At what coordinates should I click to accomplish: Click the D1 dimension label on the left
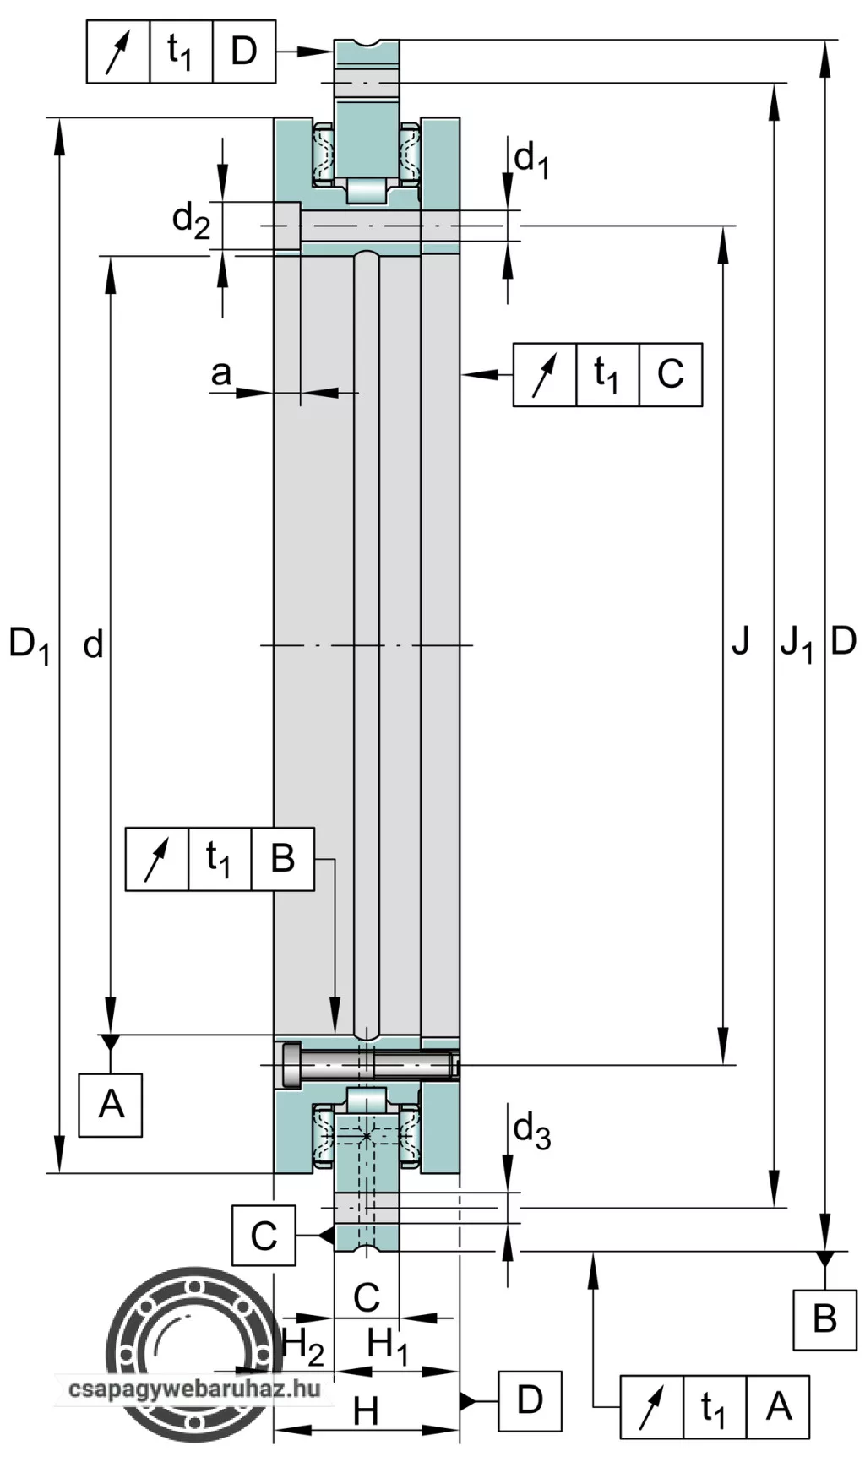[29, 645]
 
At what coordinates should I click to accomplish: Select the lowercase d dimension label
[92, 645]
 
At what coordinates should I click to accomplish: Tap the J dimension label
[740, 643]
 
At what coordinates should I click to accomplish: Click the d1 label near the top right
[531, 159]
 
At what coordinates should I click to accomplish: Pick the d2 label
[190, 221]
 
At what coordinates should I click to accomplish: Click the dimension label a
[220, 372]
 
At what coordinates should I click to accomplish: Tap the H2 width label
[302, 1345]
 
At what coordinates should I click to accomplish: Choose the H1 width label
[388, 1345]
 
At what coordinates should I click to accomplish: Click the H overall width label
[365, 1410]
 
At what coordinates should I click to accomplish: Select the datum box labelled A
[111, 1105]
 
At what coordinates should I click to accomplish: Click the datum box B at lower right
[824, 1319]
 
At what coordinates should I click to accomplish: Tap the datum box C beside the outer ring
[264, 1236]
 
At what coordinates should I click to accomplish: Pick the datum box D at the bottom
[530, 1400]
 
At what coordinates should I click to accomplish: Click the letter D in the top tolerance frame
[243, 52]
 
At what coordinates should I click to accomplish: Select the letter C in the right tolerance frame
[670, 374]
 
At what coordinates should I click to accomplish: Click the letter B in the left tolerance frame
[282, 859]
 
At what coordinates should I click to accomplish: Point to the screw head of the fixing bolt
[291, 1063]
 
